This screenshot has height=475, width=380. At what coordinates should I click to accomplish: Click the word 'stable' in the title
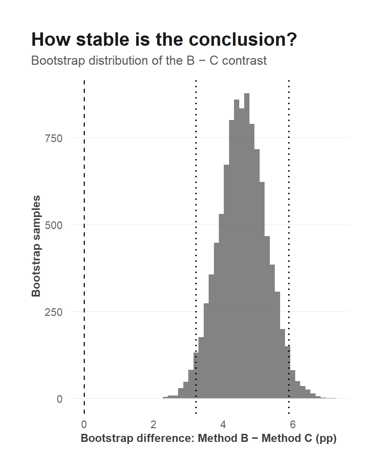[x=102, y=39]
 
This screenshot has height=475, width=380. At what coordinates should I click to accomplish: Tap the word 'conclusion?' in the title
[x=243, y=39]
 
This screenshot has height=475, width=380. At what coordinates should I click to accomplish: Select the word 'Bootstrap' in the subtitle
[x=58, y=61]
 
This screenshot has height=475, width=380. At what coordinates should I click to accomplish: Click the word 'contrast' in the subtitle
[x=244, y=61]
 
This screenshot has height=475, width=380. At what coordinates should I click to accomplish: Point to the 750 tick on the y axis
[x=53, y=139]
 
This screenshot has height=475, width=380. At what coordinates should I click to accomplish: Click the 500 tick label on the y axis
[x=53, y=226]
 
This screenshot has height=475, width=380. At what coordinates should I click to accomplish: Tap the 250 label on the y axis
[x=53, y=312]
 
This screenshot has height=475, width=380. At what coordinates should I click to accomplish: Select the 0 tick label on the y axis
[x=59, y=399]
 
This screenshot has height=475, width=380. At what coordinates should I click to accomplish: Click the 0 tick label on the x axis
[x=84, y=424]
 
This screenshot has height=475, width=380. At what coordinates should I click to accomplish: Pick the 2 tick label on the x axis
[x=153, y=424]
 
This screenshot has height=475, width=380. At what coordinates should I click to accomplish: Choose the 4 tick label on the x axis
[x=223, y=424]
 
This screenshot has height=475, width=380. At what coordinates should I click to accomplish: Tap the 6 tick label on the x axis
[x=292, y=424]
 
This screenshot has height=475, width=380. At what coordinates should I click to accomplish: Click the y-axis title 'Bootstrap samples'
[x=36, y=246]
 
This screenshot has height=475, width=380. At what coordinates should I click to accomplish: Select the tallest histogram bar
[x=247, y=246]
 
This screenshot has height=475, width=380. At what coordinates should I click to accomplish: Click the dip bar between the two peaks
[x=242, y=253]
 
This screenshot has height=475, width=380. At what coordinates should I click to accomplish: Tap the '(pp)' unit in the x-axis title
[x=326, y=438]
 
